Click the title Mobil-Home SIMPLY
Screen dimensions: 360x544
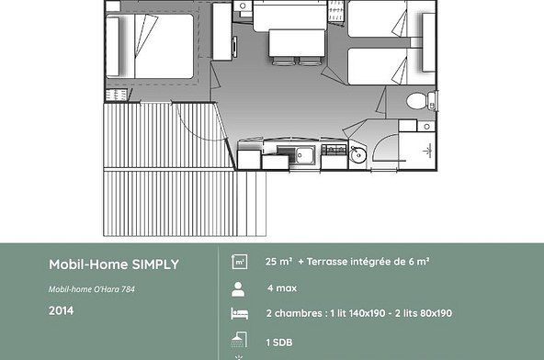pos(114,264)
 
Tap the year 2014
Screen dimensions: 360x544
pos(61,310)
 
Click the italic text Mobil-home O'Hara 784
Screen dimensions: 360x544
pos(97,290)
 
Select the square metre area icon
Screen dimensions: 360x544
pos(240,262)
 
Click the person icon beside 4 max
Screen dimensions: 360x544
pos(240,288)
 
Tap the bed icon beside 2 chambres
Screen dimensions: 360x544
pos(240,314)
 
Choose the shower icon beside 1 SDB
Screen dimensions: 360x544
pos(240,342)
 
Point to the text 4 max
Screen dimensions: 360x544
pos(281,288)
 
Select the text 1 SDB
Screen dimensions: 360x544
pos(279,342)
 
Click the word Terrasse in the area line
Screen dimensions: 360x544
pos(333,262)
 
